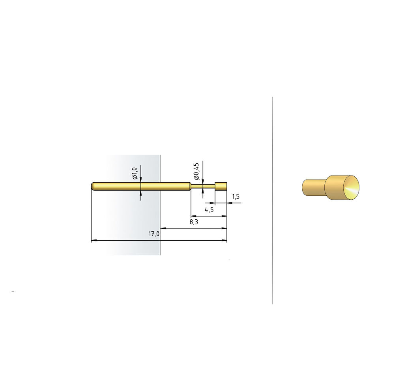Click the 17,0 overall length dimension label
(154, 234)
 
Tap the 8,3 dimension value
(194, 222)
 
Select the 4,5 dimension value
(209, 210)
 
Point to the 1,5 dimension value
(236, 196)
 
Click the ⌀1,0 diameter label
(134, 173)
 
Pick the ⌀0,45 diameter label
(196, 171)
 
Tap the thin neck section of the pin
(203, 186)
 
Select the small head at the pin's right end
(221, 186)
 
